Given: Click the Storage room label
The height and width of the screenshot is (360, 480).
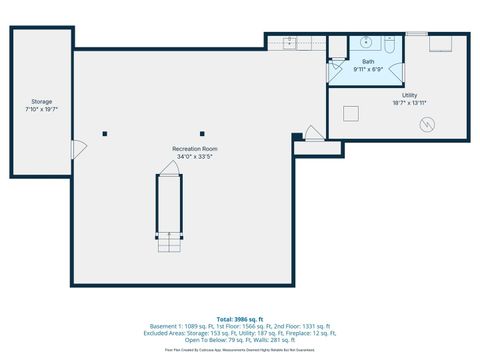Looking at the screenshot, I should pos(41,101).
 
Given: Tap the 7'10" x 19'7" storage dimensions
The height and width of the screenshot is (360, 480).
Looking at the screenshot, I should pos(41,109).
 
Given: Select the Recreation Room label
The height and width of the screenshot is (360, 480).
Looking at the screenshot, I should pos(195,148).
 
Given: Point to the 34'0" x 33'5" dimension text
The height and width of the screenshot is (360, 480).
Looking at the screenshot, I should pos(195,156).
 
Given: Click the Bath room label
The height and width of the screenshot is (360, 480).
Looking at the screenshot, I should pos(368,62).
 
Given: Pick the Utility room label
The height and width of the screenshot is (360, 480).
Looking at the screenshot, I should pos(410,95).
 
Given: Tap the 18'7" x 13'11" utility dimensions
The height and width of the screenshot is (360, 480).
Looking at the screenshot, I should pos(410,103).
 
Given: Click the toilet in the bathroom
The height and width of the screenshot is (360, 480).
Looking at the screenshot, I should pos(389,43).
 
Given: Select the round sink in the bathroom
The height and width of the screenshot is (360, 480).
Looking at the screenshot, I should pos(366,43).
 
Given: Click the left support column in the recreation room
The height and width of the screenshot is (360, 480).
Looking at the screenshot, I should pos(105,132).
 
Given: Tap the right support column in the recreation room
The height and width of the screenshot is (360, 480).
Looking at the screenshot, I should pos(202,132).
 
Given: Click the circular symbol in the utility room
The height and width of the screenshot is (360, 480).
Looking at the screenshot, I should pos(428,124).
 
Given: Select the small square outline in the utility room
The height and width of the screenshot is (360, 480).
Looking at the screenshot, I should pos(351,113).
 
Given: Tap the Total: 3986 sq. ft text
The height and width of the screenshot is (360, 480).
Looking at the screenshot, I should pos(240,318).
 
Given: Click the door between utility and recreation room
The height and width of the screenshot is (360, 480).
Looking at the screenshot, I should pos(312,133).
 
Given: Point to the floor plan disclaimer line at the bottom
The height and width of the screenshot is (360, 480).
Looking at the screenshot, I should pos(240,351).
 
